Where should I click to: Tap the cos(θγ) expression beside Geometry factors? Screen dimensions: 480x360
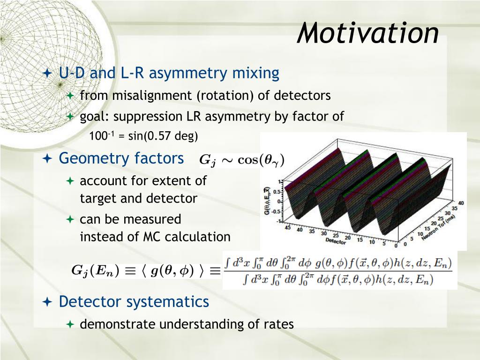click(x=261, y=160)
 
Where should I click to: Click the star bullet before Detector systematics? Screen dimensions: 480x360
click(x=47, y=302)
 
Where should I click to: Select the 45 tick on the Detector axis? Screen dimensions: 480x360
click(x=288, y=228)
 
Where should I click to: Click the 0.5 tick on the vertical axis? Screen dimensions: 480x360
click(x=277, y=192)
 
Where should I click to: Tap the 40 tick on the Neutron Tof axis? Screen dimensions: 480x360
click(x=461, y=203)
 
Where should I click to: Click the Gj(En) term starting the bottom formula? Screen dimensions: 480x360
click(x=95, y=270)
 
